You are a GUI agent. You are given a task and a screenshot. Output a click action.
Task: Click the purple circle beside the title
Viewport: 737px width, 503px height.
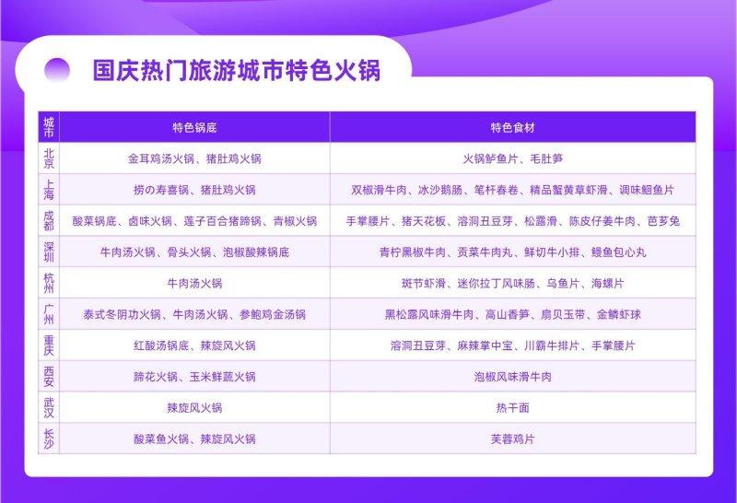(57, 71)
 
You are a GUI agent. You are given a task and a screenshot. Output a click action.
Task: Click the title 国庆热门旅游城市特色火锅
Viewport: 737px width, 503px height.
(237, 71)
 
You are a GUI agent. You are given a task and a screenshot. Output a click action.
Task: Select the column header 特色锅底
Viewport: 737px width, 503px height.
(194, 127)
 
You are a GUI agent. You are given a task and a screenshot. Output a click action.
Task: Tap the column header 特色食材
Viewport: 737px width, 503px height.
(513, 127)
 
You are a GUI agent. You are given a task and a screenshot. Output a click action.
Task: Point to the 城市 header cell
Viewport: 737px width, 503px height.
(49, 127)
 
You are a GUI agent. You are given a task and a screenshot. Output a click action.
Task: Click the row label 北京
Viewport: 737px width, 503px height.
(49, 158)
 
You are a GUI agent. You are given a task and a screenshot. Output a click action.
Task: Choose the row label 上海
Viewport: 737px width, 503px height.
(49, 190)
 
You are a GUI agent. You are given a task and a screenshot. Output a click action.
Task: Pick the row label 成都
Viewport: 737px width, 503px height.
(49, 221)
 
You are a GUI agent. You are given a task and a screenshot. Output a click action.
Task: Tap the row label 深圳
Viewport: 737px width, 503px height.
(49, 252)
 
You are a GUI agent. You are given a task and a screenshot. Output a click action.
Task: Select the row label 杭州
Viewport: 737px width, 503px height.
(49, 283)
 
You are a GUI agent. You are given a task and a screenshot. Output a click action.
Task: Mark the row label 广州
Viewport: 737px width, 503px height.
(49, 314)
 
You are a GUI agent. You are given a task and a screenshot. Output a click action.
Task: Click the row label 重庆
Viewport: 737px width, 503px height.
(49, 345)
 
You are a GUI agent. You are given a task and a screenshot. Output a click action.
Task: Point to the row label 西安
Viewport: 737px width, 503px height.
(49, 377)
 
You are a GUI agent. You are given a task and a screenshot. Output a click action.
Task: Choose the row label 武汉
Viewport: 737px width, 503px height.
(49, 407)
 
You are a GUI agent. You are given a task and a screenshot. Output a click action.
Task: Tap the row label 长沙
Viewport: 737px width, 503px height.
(49, 439)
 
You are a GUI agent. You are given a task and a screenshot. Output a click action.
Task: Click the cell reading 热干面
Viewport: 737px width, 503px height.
(513, 407)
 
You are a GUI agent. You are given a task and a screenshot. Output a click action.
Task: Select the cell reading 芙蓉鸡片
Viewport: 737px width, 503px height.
(513, 439)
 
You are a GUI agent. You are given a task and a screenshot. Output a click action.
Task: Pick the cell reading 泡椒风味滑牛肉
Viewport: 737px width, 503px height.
(513, 377)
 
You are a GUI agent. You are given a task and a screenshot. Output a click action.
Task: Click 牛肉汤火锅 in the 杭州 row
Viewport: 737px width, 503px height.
(194, 283)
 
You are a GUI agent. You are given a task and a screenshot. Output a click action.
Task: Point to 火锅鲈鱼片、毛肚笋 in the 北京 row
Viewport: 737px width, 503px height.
(513, 158)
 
